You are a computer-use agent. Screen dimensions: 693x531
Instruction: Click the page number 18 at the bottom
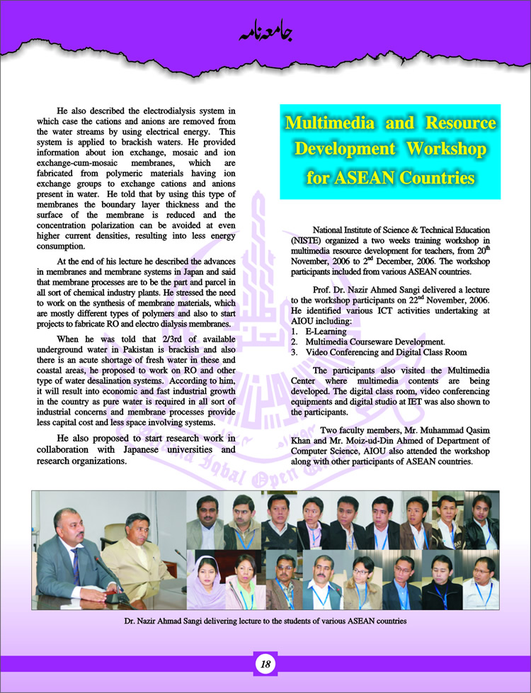pos(265,665)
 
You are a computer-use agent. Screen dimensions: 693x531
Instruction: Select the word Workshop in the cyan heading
pos(450,150)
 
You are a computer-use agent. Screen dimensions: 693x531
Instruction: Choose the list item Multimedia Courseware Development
pos(375,341)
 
